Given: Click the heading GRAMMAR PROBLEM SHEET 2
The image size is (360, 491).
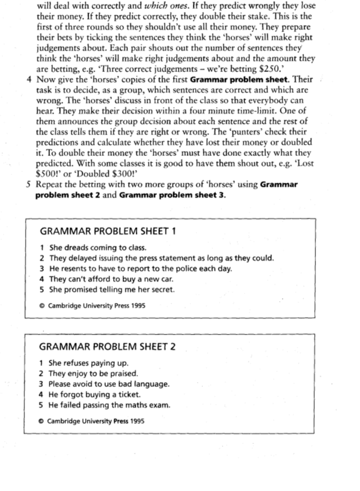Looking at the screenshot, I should [107, 346].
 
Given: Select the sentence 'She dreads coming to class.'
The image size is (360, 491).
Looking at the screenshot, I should [93, 248].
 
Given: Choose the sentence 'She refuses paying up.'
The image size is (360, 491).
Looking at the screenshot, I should [89, 363].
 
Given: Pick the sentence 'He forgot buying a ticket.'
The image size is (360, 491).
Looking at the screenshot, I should [95, 395].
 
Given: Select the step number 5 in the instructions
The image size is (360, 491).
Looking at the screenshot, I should [29, 184].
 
